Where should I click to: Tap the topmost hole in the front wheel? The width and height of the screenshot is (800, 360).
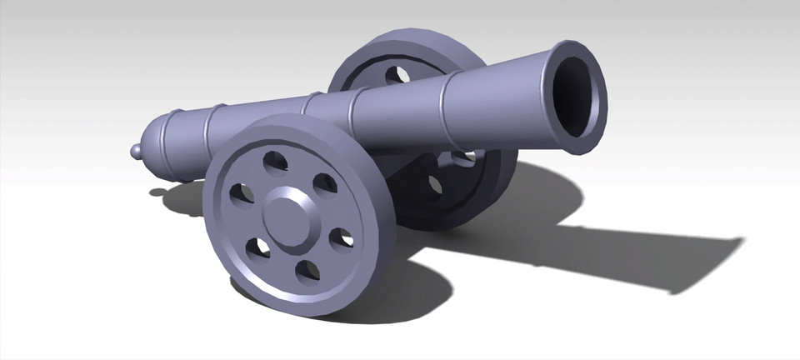coord(273,160)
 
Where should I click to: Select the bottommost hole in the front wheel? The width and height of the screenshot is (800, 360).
coord(307,270)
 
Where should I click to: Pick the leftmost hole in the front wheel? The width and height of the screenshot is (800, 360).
coord(240,194)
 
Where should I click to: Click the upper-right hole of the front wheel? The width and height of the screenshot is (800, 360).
coord(325,182)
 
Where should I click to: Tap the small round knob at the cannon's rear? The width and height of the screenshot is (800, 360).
coord(137,150)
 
